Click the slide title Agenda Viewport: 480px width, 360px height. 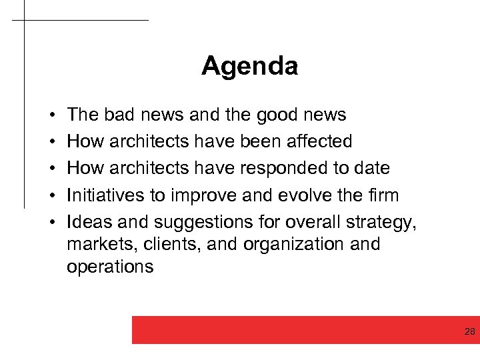pos(249,66)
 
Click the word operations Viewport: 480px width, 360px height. pos(110,267)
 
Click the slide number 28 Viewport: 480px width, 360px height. pos(469,332)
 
